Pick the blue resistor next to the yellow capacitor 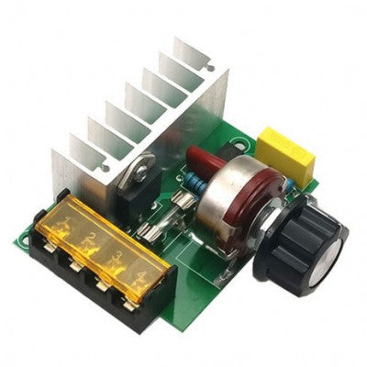pyautogui.click(x=287, y=182)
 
